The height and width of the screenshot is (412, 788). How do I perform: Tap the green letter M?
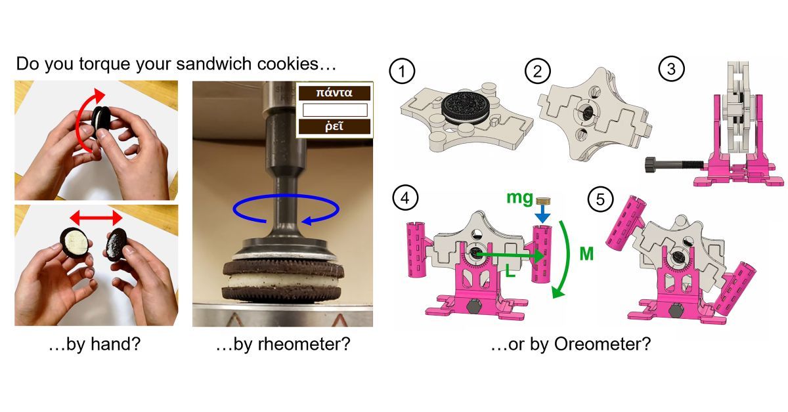pos(586,253)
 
